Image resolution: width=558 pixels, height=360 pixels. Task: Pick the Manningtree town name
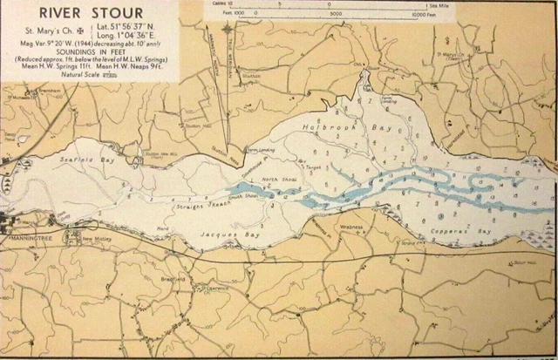(x=32, y=237)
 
